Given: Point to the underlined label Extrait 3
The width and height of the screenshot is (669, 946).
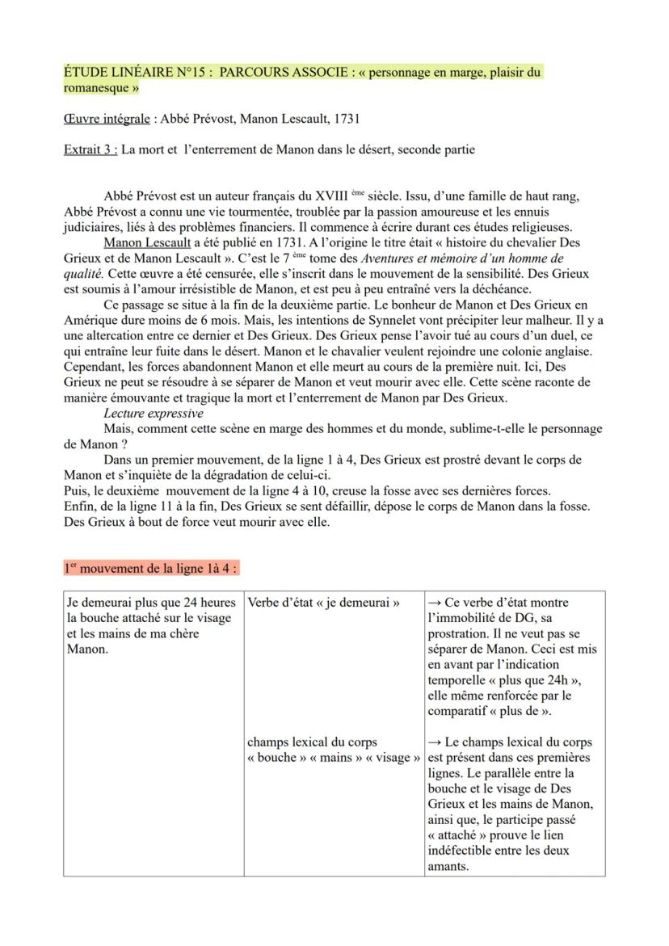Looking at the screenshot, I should click(89, 149).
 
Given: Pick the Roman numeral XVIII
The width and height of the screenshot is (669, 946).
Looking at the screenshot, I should click(341, 196).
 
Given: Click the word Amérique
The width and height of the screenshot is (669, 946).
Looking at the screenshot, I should click(90, 320).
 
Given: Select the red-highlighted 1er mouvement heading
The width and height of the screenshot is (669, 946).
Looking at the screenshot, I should click(150, 568).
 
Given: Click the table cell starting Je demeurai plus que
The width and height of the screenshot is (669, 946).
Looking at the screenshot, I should click(152, 626).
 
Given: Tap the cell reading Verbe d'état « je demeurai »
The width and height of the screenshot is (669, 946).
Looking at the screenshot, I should click(323, 603).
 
